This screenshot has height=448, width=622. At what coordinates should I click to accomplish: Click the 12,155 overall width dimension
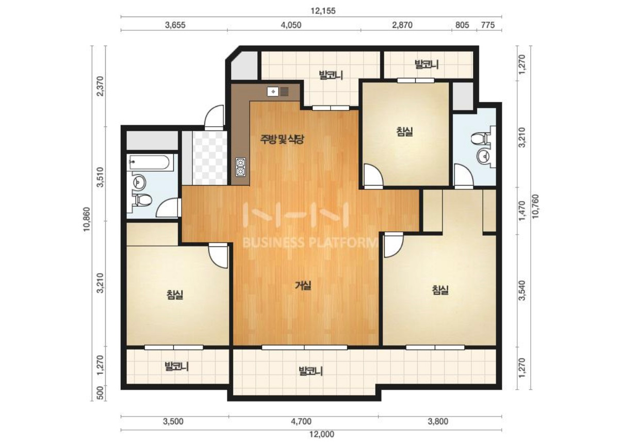click(x=323, y=11)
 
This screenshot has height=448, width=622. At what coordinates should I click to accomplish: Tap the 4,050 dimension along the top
click(x=291, y=25)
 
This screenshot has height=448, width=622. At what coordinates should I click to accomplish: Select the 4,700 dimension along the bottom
click(x=301, y=422)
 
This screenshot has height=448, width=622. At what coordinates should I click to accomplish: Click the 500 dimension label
click(x=101, y=393)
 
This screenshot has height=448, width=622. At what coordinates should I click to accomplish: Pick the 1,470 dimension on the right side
click(x=522, y=211)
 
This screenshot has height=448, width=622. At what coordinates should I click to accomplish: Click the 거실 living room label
click(x=303, y=285)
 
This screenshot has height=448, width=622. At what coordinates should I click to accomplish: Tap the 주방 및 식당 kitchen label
click(x=282, y=139)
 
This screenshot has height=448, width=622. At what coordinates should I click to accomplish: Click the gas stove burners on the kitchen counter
click(x=240, y=167)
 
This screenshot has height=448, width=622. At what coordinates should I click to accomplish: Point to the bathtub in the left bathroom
click(x=149, y=162)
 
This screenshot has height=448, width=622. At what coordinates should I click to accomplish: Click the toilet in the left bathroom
click(x=142, y=200)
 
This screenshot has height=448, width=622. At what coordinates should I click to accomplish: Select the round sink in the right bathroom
click(x=484, y=157)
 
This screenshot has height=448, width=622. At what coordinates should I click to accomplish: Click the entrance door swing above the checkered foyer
click(x=214, y=118)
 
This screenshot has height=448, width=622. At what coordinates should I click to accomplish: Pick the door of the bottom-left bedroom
click(x=219, y=256)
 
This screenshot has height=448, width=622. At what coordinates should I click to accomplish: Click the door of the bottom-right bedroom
click(x=393, y=245)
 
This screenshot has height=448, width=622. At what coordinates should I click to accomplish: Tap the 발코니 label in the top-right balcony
click(x=427, y=64)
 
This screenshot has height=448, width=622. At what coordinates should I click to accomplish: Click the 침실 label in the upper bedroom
click(x=404, y=131)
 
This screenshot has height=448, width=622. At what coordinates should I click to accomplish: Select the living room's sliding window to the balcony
click(x=305, y=347)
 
